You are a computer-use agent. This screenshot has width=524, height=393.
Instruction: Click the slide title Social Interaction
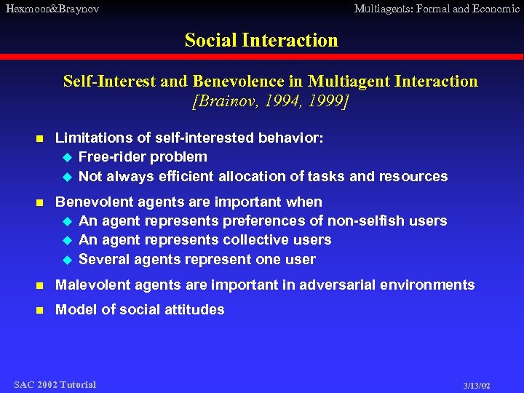click(261, 40)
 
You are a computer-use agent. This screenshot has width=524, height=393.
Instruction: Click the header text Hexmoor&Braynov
click(52, 9)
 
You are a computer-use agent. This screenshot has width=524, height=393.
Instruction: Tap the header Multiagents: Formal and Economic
click(437, 9)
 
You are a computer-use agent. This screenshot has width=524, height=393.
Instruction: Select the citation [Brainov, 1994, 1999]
click(270, 100)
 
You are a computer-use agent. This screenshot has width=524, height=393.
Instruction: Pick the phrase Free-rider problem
click(143, 156)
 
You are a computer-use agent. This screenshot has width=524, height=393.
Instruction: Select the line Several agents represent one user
click(196, 259)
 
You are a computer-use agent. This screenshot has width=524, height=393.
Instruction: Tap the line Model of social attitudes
click(140, 309)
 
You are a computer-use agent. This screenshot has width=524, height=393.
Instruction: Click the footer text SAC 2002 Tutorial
click(55, 384)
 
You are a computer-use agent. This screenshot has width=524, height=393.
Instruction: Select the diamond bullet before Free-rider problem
click(67, 157)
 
